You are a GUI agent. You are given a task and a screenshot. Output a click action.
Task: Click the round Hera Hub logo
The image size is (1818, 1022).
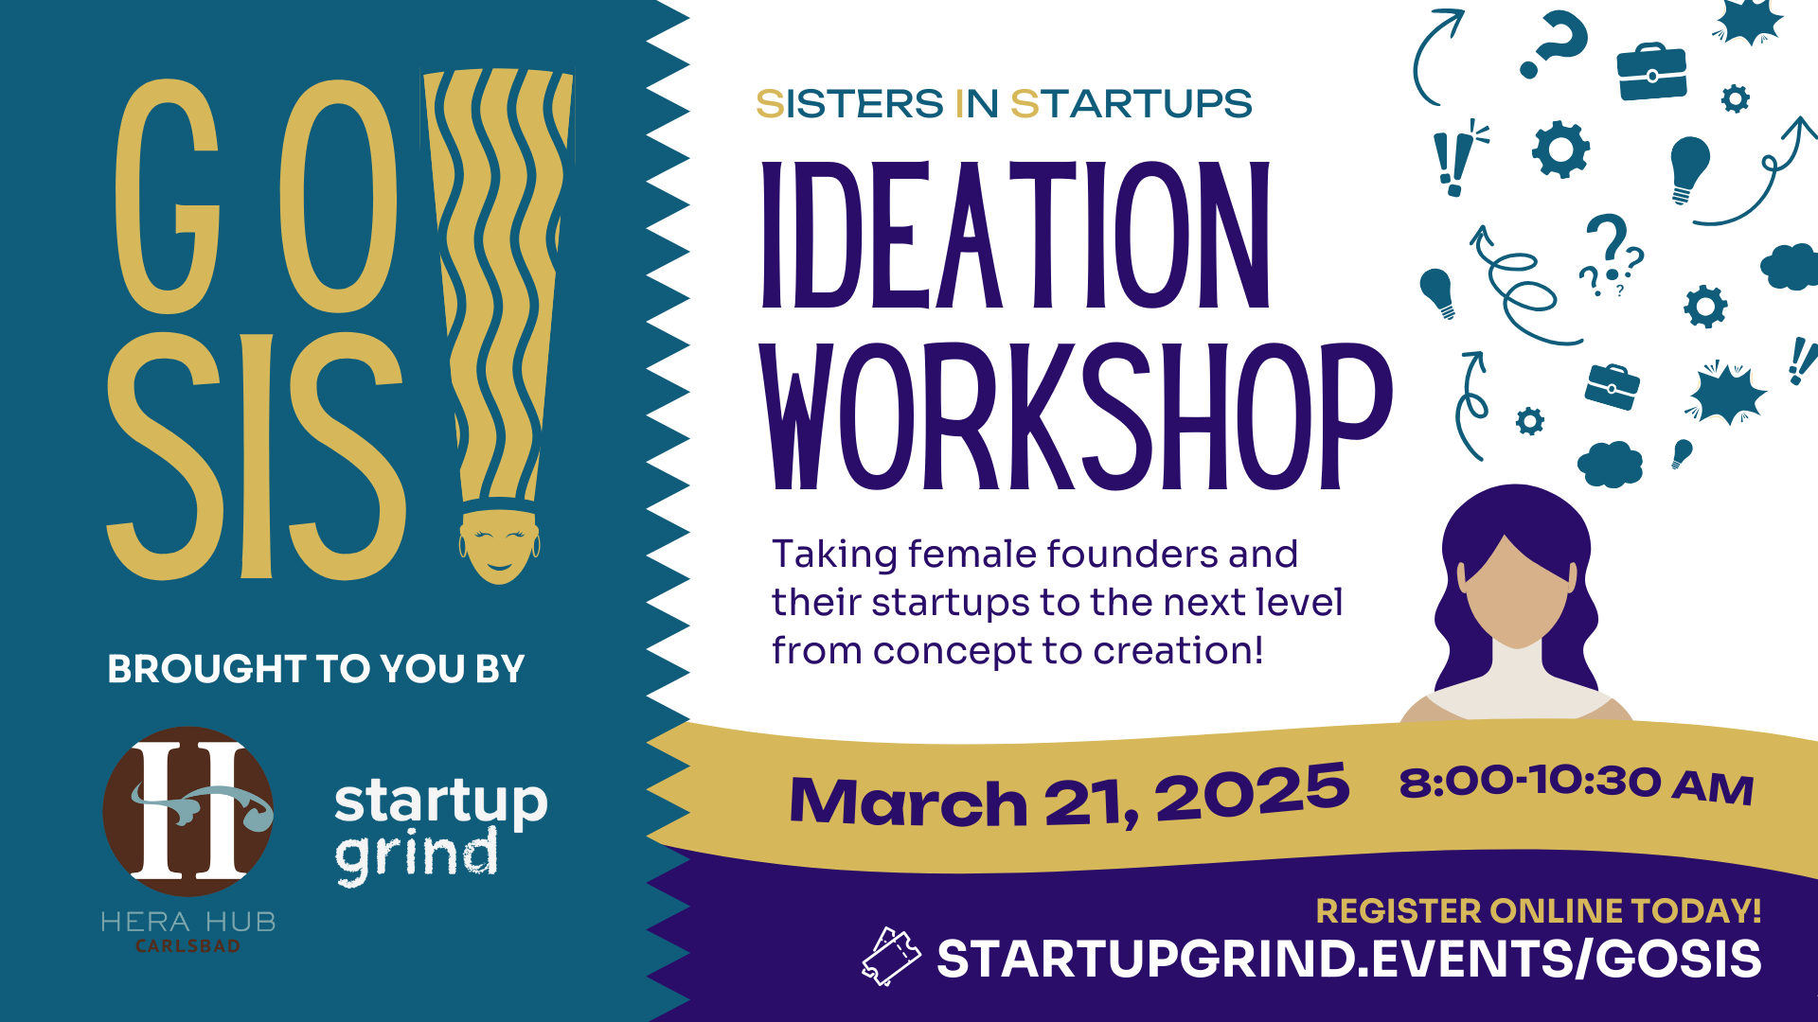188,812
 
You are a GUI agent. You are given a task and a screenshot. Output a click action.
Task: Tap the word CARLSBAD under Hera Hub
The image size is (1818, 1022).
188,946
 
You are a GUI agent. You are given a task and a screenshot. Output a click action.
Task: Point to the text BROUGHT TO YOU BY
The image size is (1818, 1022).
316,669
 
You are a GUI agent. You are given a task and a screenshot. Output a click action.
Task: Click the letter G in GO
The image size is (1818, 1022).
168,196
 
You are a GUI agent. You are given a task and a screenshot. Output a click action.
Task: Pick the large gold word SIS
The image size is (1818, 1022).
257,456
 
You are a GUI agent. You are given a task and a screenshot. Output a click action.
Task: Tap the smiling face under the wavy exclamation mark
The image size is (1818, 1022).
499,547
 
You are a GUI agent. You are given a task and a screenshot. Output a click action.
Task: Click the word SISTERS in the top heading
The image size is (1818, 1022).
849,104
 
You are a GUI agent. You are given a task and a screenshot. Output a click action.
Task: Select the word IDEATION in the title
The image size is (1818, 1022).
1015,235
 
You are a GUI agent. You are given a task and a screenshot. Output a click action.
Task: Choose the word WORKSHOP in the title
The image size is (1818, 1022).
1077,416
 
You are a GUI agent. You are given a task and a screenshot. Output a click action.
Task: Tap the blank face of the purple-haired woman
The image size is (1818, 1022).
1516,592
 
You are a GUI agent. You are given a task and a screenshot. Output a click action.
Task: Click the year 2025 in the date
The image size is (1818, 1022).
1252,793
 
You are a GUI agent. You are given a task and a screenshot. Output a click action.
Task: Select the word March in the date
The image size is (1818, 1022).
908,802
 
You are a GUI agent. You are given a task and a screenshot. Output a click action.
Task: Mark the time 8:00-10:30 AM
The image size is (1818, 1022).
1577,784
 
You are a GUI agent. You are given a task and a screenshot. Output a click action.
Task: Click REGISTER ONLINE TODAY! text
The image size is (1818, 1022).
1539,911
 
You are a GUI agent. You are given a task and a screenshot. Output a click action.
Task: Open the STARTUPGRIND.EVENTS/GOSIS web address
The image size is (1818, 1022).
1349,959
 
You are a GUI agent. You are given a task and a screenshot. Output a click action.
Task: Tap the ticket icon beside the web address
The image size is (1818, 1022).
890,957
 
